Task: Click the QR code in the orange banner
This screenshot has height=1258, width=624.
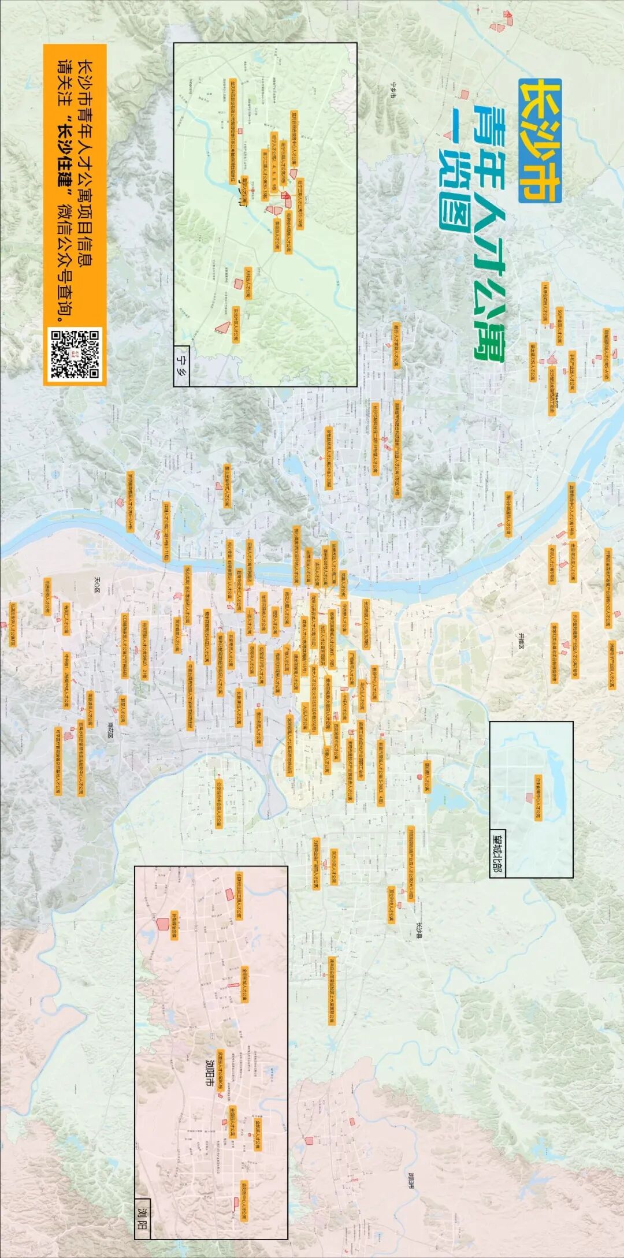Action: pyautogui.click(x=75, y=353)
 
